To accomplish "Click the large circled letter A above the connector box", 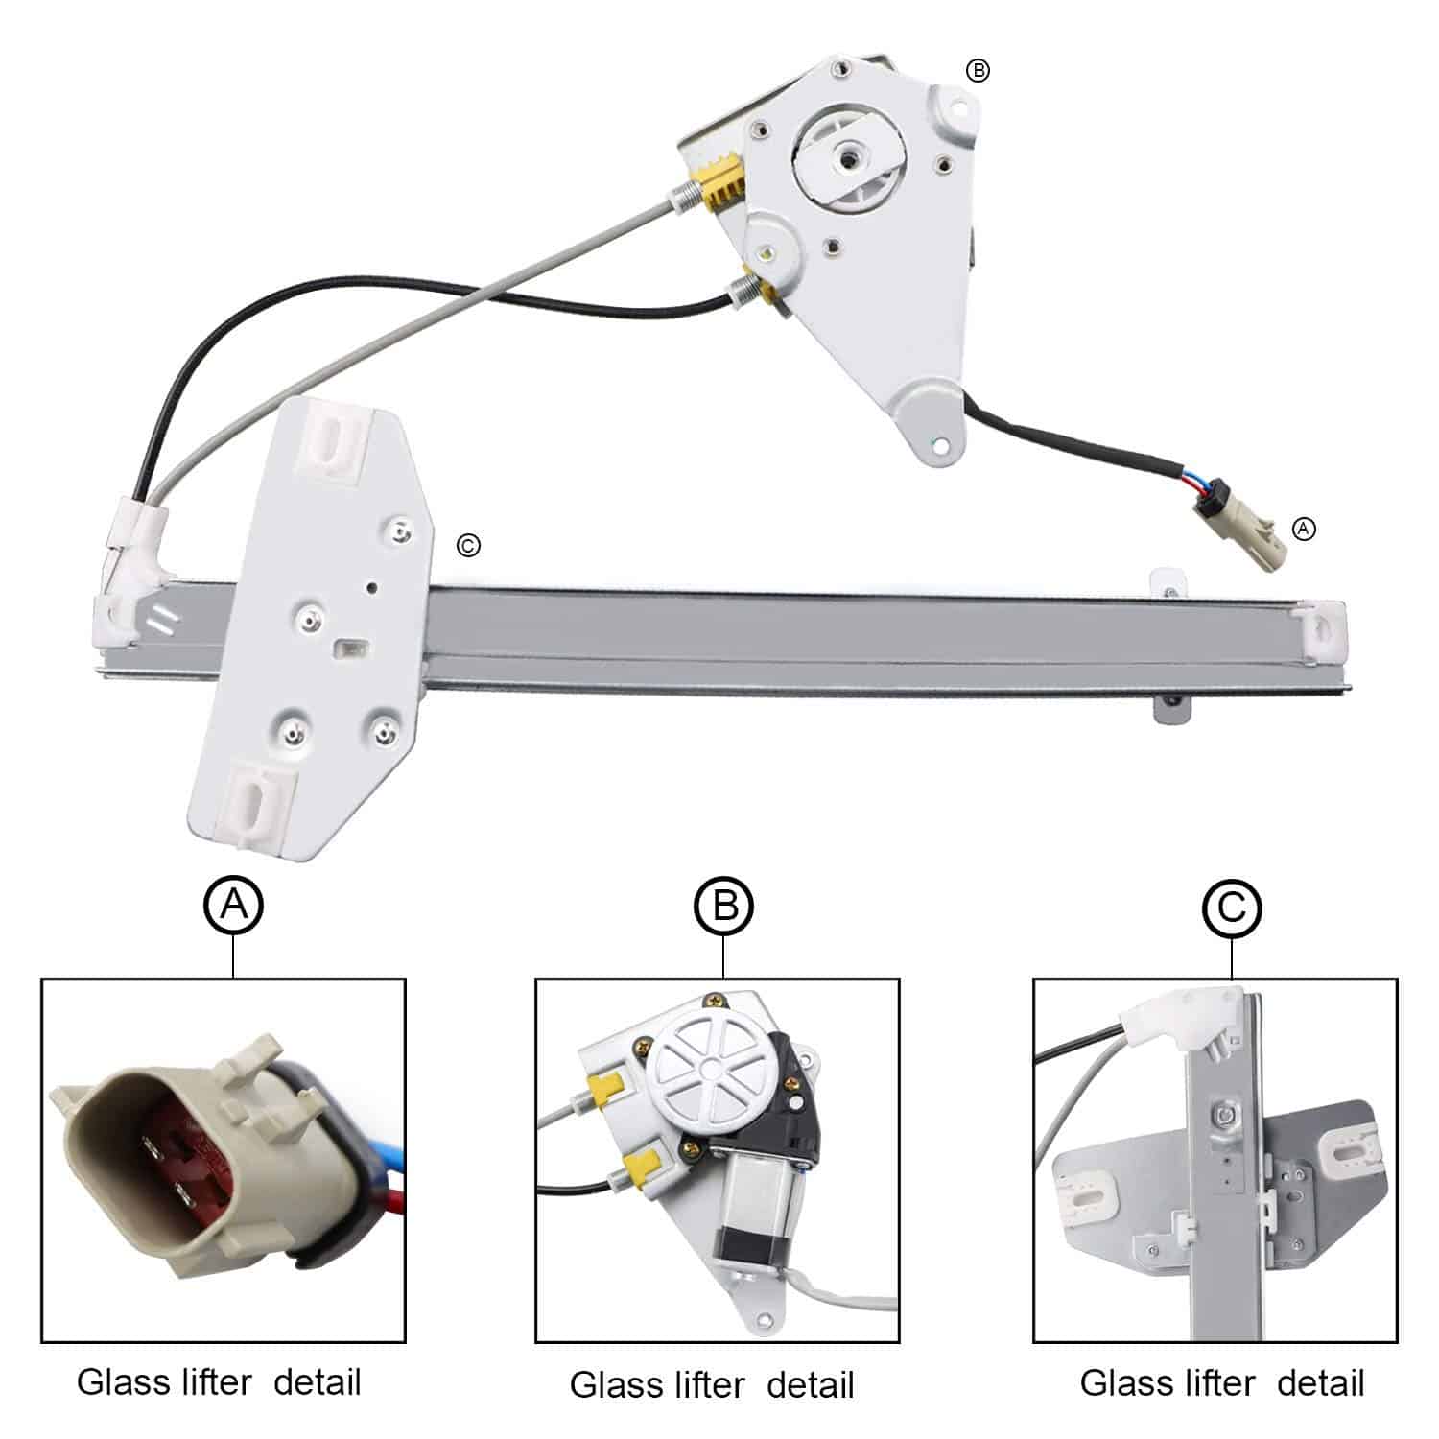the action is (233, 904).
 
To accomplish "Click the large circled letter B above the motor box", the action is (724, 905).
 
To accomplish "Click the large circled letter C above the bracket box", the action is (1232, 907).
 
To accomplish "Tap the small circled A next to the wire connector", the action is (1304, 528).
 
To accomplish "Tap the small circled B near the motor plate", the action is (977, 70).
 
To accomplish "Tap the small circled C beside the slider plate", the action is (468, 546).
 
